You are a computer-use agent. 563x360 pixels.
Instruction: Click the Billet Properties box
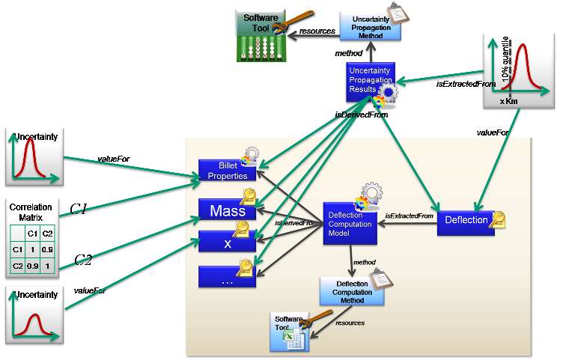pos(228,171)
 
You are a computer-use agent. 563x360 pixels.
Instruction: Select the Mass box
pos(228,212)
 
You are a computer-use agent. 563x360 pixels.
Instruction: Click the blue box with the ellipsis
pos(228,277)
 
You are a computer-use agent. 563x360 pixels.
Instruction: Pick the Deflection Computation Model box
pos(350,222)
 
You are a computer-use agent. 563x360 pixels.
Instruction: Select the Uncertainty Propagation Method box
pos(370,25)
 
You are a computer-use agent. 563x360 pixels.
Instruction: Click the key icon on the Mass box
pos(248,195)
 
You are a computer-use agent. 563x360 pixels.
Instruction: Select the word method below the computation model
pos(365,263)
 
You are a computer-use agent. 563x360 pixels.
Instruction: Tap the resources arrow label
pos(350,323)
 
